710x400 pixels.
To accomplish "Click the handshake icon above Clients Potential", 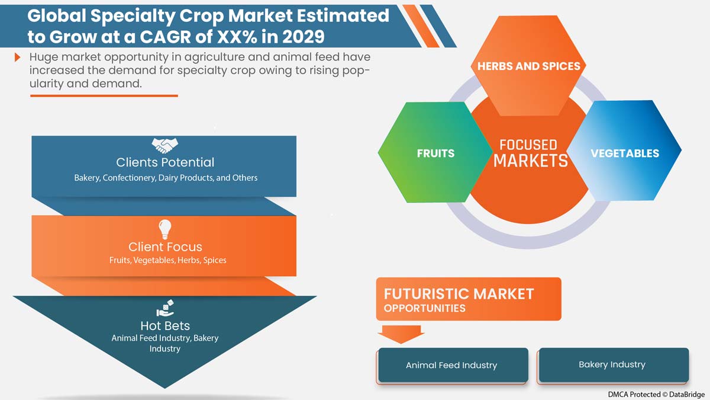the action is (165, 146).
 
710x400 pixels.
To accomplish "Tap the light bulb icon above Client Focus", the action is (165, 229).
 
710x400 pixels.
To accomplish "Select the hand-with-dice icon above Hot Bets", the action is (165, 308).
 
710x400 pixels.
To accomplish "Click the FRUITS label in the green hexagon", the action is (435, 153).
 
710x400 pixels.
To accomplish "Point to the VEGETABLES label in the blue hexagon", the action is (625, 153).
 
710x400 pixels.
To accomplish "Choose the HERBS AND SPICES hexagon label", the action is (529, 66).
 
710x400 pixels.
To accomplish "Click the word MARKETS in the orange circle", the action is (531, 161).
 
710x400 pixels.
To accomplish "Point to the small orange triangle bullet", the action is (17, 57).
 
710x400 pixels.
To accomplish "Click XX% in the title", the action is (237, 37).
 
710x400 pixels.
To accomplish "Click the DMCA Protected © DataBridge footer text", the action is (656, 394).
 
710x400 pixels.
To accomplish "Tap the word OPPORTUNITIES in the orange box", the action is (424, 308).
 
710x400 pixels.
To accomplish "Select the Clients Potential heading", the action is (165, 162).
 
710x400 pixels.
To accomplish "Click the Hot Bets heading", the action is (165, 326).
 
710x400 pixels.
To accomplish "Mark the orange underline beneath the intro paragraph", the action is (104, 95).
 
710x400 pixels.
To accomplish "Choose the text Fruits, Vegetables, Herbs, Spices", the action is (167, 260).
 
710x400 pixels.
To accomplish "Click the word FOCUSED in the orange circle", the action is (528, 145).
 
